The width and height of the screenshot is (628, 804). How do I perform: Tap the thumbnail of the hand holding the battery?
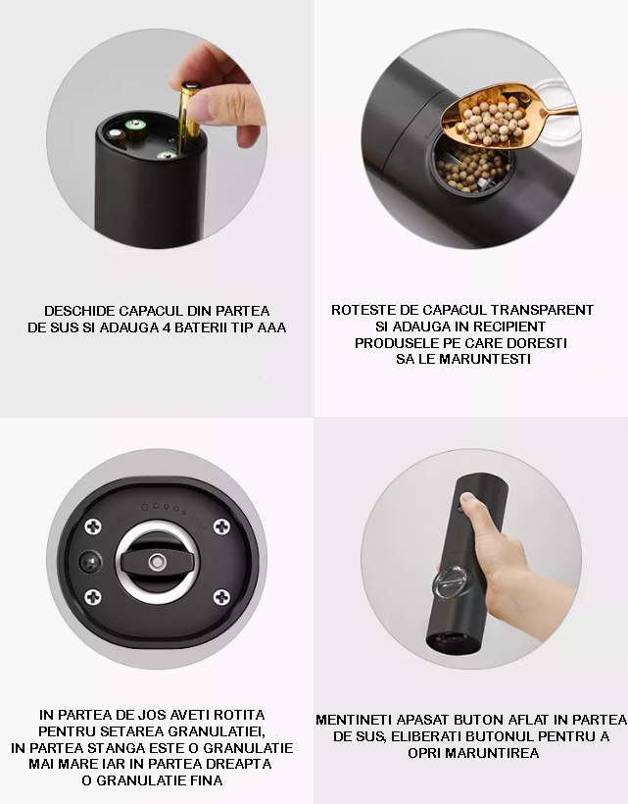(x=156, y=138)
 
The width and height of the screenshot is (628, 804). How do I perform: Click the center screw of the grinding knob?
(x=157, y=562)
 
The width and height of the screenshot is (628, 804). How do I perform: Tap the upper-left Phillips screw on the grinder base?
(x=93, y=527)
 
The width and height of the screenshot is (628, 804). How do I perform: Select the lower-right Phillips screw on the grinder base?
(x=221, y=596)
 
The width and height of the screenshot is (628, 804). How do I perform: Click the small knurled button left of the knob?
(x=89, y=563)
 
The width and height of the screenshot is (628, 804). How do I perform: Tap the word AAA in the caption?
(x=271, y=327)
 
